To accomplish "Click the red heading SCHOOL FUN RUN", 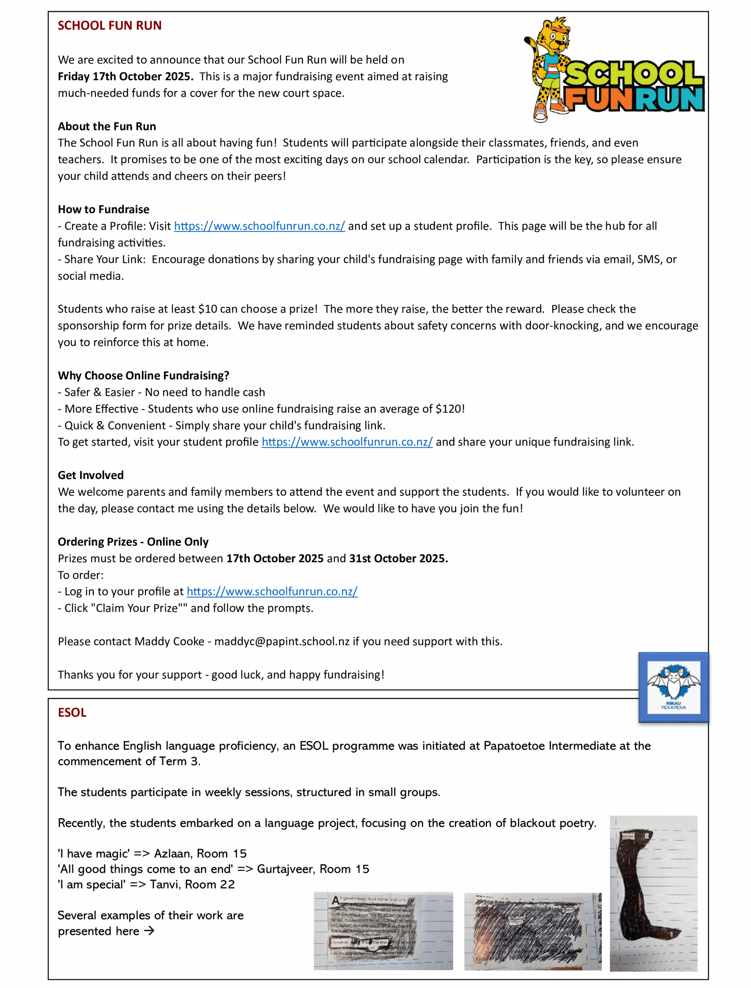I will click(x=110, y=26).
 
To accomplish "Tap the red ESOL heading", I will click(x=72, y=712).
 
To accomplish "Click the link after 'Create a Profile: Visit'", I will click(x=259, y=226).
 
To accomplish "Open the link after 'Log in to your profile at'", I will click(x=272, y=592).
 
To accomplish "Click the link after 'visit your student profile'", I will click(x=347, y=442).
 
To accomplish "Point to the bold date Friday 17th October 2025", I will click(x=125, y=76).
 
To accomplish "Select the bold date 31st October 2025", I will click(x=398, y=558).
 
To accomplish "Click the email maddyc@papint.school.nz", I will click(x=282, y=641).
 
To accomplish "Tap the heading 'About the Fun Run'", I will click(x=107, y=127).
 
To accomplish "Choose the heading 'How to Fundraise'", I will click(x=103, y=210).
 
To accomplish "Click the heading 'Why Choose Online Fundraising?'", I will click(x=143, y=376).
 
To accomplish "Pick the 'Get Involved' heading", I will click(x=90, y=475).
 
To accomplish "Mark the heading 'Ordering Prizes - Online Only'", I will click(x=133, y=542).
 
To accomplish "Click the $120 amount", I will click(x=450, y=409).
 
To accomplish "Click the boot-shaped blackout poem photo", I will click(x=653, y=894).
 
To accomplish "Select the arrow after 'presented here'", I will click(x=149, y=931).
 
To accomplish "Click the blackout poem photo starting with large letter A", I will click(x=383, y=931).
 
